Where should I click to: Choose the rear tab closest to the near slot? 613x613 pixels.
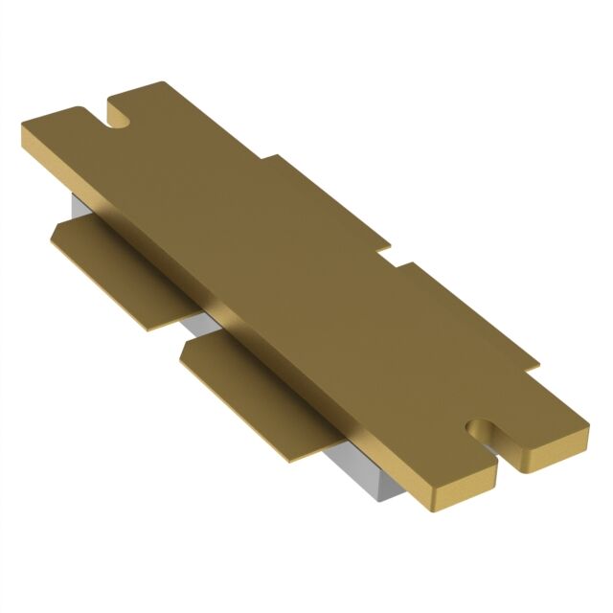pos(460,306)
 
